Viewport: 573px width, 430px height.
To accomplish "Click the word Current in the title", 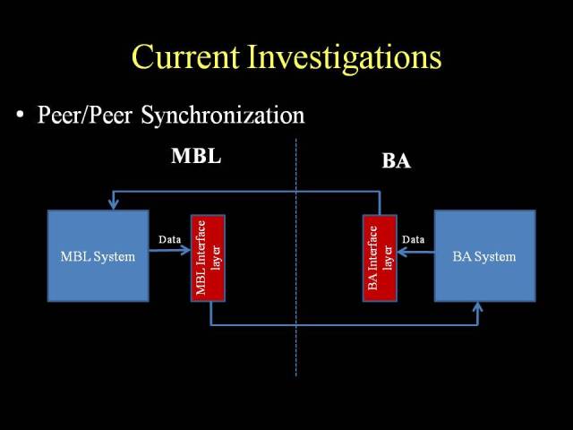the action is pyautogui.click(x=185, y=56).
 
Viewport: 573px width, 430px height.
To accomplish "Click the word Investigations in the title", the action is pyautogui.click(x=344, y=58).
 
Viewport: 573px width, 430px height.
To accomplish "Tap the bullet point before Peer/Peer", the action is pyautogui.click(x=20, y=115).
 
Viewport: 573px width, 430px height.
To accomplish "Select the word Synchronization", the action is pyautogui.click(x=223, y=116).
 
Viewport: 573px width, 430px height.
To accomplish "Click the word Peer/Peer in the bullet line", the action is pyautogui.click(x=85, y=115).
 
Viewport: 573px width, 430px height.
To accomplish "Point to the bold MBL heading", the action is pyautogui.click(x=196, y=156).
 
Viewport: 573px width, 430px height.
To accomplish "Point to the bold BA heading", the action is pyautogui.click(x=396, y=161).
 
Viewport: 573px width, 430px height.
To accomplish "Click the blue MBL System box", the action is pyautogui.click(x=98, y=256).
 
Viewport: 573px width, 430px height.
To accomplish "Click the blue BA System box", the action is pyautogui.click(x=485, y=256).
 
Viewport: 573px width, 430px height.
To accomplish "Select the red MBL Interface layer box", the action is pyautogui.click(x=208, y=258).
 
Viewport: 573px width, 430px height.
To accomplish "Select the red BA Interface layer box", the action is pyautogui.click(x=380, y=258).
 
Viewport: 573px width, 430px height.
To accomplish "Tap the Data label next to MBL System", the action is pyautogui.click(x=169, y=239).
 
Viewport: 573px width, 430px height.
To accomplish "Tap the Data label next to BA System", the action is pyautogui.click(x=414, y=239).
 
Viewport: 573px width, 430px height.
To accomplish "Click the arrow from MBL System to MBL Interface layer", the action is pyautogui.click(x=170, y=250).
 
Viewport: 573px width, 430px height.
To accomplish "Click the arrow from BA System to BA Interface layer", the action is pyautogui.click(x=415, y=252).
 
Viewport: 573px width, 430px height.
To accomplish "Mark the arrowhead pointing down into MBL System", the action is pyautogui.click(x=114, y=204).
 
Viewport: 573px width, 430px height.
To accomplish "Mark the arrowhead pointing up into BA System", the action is pyautogui.click(x=477, y=307).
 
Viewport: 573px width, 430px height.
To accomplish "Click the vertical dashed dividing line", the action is pyautogui.click(x=296, y=257).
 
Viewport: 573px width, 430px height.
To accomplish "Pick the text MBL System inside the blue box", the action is pyautogui.click(x=98, y=257).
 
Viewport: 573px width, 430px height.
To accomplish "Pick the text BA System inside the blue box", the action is pyautogui.click(x=484, y=257).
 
